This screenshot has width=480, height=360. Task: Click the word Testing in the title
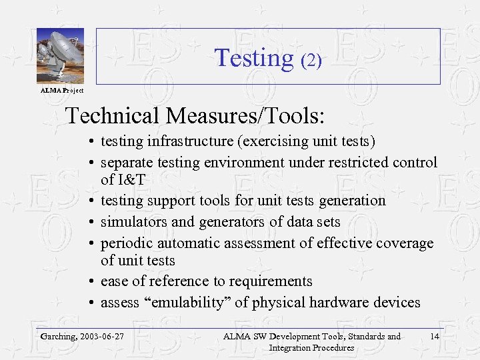tap(253, 58)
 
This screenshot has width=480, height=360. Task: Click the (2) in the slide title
tap(311, 61)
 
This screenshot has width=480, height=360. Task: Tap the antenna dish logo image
tap(60, 56)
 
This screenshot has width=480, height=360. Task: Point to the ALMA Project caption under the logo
tap(61, 90)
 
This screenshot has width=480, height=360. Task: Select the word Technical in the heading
tap(113, 116)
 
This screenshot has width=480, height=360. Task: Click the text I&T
tap(132, 179)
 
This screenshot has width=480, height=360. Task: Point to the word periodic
tap(126, 243)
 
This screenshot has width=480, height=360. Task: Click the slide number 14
tap(434, 337)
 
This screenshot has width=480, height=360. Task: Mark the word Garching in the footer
tap(59, 337)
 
